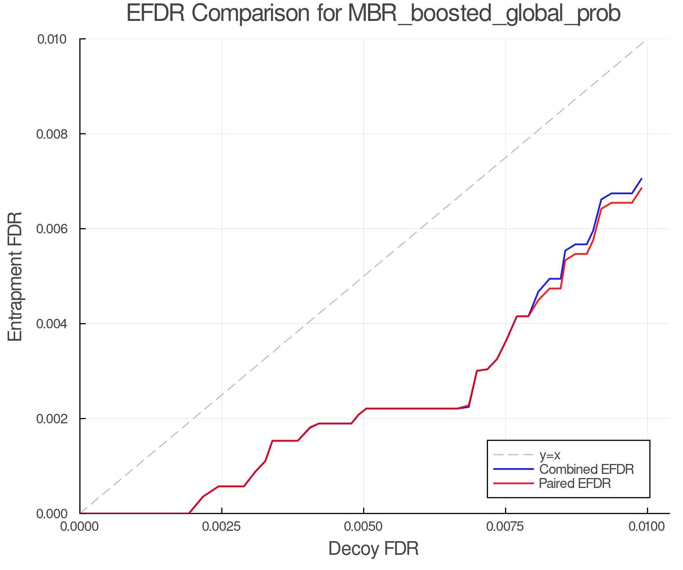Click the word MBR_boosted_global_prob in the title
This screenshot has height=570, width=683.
pyautogui.click(x=484, y=14)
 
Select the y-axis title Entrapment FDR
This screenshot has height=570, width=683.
pyautogui.click(x=15, y=276)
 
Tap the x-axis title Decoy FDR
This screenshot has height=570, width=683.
pyautogui.click(x=373, y=548)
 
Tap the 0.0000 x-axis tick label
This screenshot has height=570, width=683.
pyautogui.click(x=80, y=527)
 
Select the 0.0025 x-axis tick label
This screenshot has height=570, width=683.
pyautogui.click(x=222, y=527)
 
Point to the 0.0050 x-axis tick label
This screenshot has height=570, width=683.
pyautogui.click(x=364, y=527)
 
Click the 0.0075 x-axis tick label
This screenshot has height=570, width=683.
pyautogui.click(x=505, y=527)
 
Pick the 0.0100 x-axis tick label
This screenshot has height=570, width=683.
pyautogui.click(x=647, y=527)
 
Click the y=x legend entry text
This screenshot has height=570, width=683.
pyautogui.click(x=550, y=455)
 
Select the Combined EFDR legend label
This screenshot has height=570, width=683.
pyautogui.click(x=586, y=469)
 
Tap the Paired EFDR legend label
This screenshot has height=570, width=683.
pyautogui.click(x=575, y=483)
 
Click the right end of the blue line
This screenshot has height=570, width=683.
pyautogui.click(x=641, y=179)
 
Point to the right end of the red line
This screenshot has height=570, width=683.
pyautogui.click(x=641, y=188)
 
